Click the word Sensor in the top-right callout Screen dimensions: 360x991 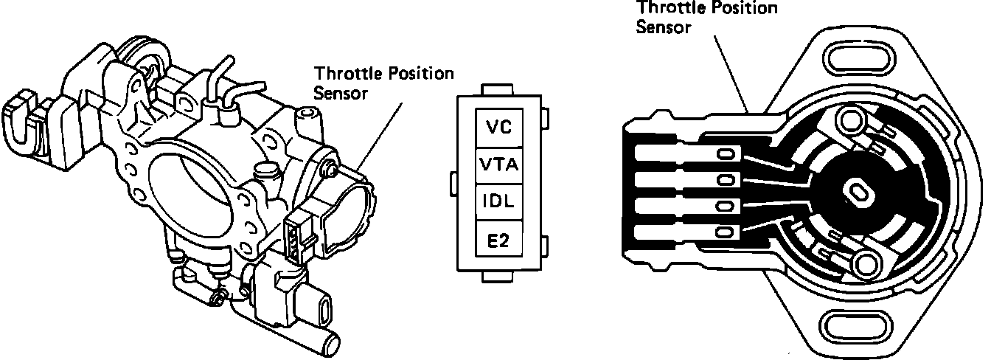click(x=663, y=27)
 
